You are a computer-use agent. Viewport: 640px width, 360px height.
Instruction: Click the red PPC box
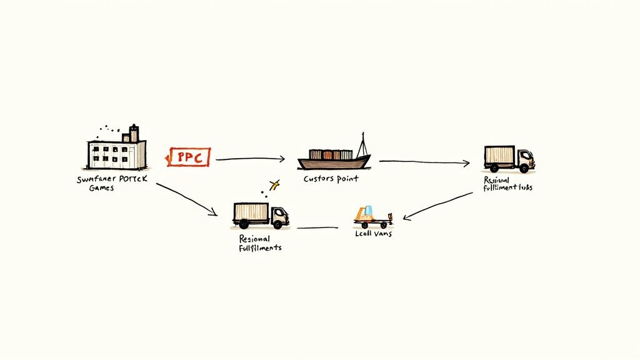point(190,157)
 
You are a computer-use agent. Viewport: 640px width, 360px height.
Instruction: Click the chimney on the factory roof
point(134,133)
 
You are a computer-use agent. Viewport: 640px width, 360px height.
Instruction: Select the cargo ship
point(333,159)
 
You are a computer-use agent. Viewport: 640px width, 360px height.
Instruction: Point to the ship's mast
point(362,145)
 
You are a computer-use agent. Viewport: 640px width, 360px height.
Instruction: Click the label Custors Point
point(331,179)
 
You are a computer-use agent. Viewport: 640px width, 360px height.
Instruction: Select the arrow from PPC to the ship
point(250,159)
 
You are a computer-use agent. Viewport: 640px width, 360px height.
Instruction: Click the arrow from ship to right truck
point(424,162)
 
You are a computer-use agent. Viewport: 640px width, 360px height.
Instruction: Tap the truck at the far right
point(509,159)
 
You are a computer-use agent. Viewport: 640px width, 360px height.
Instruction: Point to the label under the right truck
point(507,183)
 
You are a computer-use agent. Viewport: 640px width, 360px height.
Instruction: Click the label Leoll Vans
point(372,233)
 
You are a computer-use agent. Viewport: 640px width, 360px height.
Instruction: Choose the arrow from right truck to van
point(437,206)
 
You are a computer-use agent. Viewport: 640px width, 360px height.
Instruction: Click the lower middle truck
point(260,215)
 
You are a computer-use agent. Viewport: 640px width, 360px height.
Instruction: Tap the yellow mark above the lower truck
point(273,184)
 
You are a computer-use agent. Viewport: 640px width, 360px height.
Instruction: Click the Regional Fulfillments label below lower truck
point(260,243)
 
